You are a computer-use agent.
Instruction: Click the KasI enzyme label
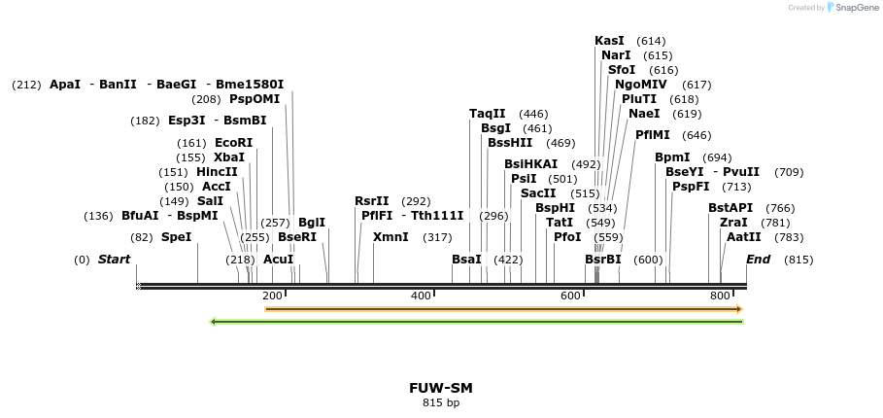click(609, 41)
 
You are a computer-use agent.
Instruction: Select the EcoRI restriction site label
click(233, 143)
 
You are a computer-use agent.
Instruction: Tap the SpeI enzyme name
click(176, 237)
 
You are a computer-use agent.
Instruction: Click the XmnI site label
click(391, 237)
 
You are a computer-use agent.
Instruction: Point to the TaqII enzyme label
click(487, 114)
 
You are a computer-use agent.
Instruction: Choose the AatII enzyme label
click(743, 237)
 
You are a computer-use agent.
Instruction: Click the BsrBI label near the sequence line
click(602, 260)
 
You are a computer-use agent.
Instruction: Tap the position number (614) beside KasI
click(651, 41)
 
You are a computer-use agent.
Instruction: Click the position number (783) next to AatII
click(790, 237)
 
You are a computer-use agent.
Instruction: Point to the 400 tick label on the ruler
click(421, 296)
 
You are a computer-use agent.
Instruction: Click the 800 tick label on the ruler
click(719, 296)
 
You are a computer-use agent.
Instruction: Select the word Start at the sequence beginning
click(114, 260)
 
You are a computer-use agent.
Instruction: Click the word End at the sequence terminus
click(758, 260)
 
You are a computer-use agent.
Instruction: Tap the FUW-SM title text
click(441, 388)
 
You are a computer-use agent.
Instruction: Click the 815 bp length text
click(441, 402)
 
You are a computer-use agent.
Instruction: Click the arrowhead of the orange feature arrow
click(739, 309)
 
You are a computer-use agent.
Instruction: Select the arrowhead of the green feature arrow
click(214, 321)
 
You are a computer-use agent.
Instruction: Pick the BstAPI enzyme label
click(730, 208)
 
